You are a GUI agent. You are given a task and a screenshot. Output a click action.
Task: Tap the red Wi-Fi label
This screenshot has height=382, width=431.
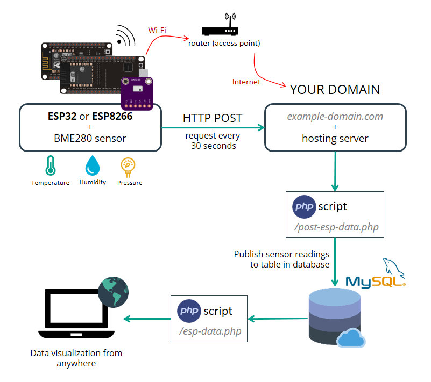[x=157, y=30]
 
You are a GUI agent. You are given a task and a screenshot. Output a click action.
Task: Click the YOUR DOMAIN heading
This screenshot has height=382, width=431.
[x=335, y=89]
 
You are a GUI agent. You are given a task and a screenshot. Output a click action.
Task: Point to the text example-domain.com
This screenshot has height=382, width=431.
[x=335, y=116]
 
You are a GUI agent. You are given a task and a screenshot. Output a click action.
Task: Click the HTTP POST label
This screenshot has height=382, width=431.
[x=213, y=118]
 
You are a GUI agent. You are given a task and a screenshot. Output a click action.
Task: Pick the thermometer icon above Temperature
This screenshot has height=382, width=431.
[x=50, y=166]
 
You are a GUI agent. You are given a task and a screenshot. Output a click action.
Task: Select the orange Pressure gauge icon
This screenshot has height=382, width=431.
[x=129, y=166]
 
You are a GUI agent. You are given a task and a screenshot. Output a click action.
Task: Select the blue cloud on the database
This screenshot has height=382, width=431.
[x=351, y=339]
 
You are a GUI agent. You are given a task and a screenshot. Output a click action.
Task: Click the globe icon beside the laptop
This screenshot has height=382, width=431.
[x=114, y=292]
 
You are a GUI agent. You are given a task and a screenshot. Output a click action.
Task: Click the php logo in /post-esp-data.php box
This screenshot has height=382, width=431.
[x=303, y=207]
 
